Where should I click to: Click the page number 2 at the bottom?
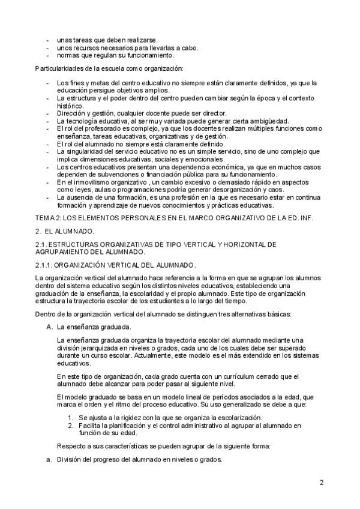pos(322,482)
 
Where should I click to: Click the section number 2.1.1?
pos(46,264)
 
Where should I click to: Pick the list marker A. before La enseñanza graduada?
pos(49,327)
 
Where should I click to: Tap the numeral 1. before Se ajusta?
pos(71,417)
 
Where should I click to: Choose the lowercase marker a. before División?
pos(49,459)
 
